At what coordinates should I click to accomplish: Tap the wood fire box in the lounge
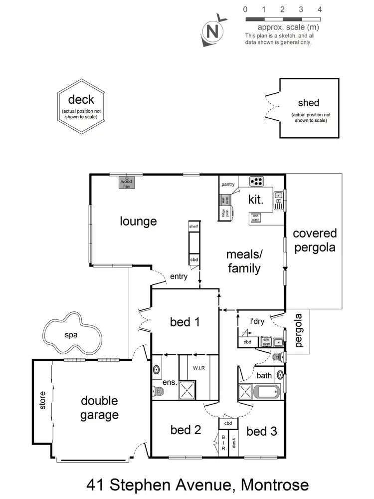click(127, 183)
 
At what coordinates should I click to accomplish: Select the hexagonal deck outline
click(80, 107)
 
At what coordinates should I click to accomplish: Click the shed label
click(308, 103)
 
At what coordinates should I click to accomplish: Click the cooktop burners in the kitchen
click(257, 181)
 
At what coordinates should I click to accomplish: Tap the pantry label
click(228, 185)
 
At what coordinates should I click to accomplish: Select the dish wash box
click(255, 217)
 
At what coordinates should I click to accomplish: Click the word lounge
click(138, 221)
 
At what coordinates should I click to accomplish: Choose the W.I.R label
click(199, 368)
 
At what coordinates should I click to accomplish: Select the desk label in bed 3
click(233, 443)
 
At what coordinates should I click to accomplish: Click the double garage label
click(100, 407)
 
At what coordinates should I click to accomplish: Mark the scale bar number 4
click(319, 9)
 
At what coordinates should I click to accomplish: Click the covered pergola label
click(315, 240)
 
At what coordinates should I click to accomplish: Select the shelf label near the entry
click(193, 227)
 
